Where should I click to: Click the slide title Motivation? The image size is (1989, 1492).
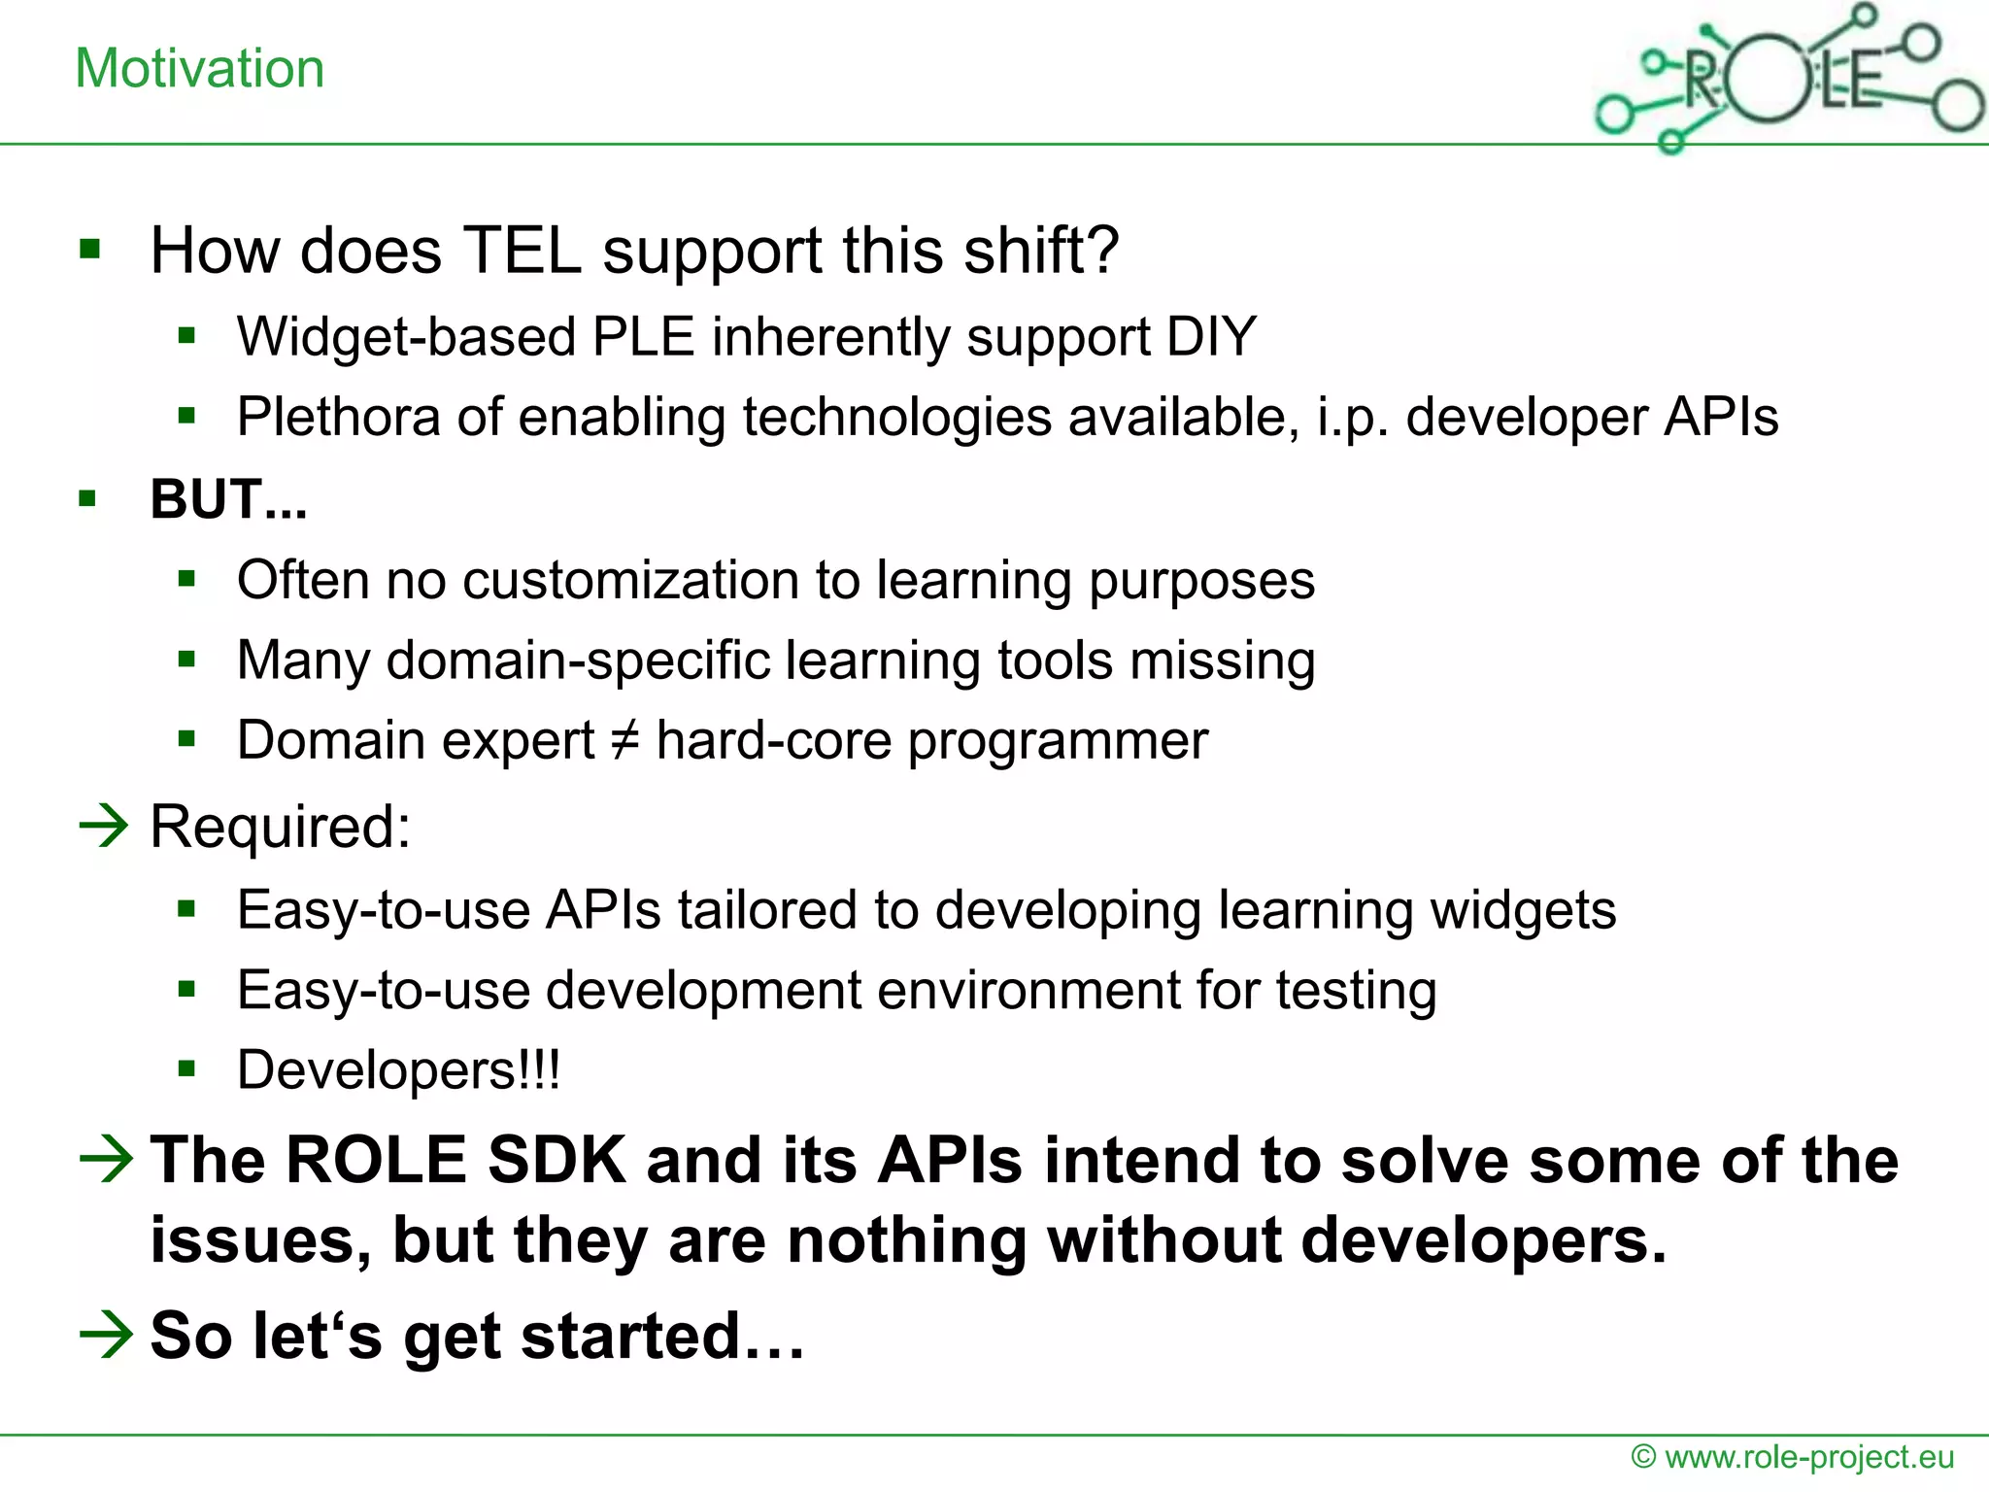point(199,69)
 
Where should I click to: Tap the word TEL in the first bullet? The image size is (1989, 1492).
point(522,251)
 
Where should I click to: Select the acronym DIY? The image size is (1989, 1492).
point(1211,337)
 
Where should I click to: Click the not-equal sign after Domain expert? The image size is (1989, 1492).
point(624,740)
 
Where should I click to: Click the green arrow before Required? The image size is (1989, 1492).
point(104,826)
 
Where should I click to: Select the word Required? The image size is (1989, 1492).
point(281,828)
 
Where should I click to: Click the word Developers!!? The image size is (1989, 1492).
point(398,1070)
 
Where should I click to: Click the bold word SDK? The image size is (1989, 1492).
point(556,1160)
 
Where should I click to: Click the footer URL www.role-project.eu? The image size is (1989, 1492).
point(1808,1457)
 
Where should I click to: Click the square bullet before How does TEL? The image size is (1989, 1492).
point(90,250)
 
